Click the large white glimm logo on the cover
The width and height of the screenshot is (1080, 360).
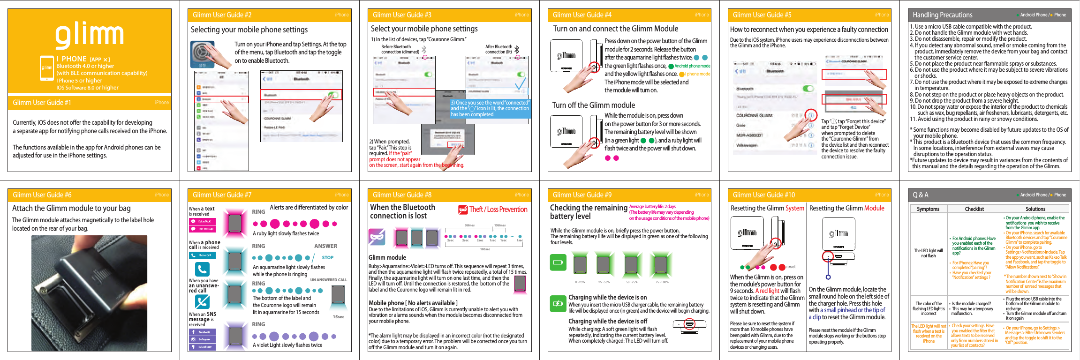coord(90,35)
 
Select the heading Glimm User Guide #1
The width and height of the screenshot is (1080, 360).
coord(42,103)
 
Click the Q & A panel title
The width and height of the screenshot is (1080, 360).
coord(920,195)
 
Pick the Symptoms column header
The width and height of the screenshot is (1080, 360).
coord(928,209)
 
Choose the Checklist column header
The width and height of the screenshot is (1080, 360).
coord(974,209)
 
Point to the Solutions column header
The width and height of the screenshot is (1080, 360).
coord(1035,209)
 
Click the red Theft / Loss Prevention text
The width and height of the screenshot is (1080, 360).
coord(498,210)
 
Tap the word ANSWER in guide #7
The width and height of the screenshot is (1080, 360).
coord(325,246)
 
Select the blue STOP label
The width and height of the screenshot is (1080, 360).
coord(327,258)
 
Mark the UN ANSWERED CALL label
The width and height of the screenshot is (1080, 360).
coord(328,280)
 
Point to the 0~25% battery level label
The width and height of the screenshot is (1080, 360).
coord(580,282)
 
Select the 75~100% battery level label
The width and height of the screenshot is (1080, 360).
coord(662,282)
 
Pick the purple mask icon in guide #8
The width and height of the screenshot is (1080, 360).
coord(377,237)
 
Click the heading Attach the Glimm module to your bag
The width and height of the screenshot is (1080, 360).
coord(71,208)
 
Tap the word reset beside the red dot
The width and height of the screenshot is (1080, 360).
coord(791,267)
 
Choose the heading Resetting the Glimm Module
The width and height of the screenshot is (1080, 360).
coord(846,208)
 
